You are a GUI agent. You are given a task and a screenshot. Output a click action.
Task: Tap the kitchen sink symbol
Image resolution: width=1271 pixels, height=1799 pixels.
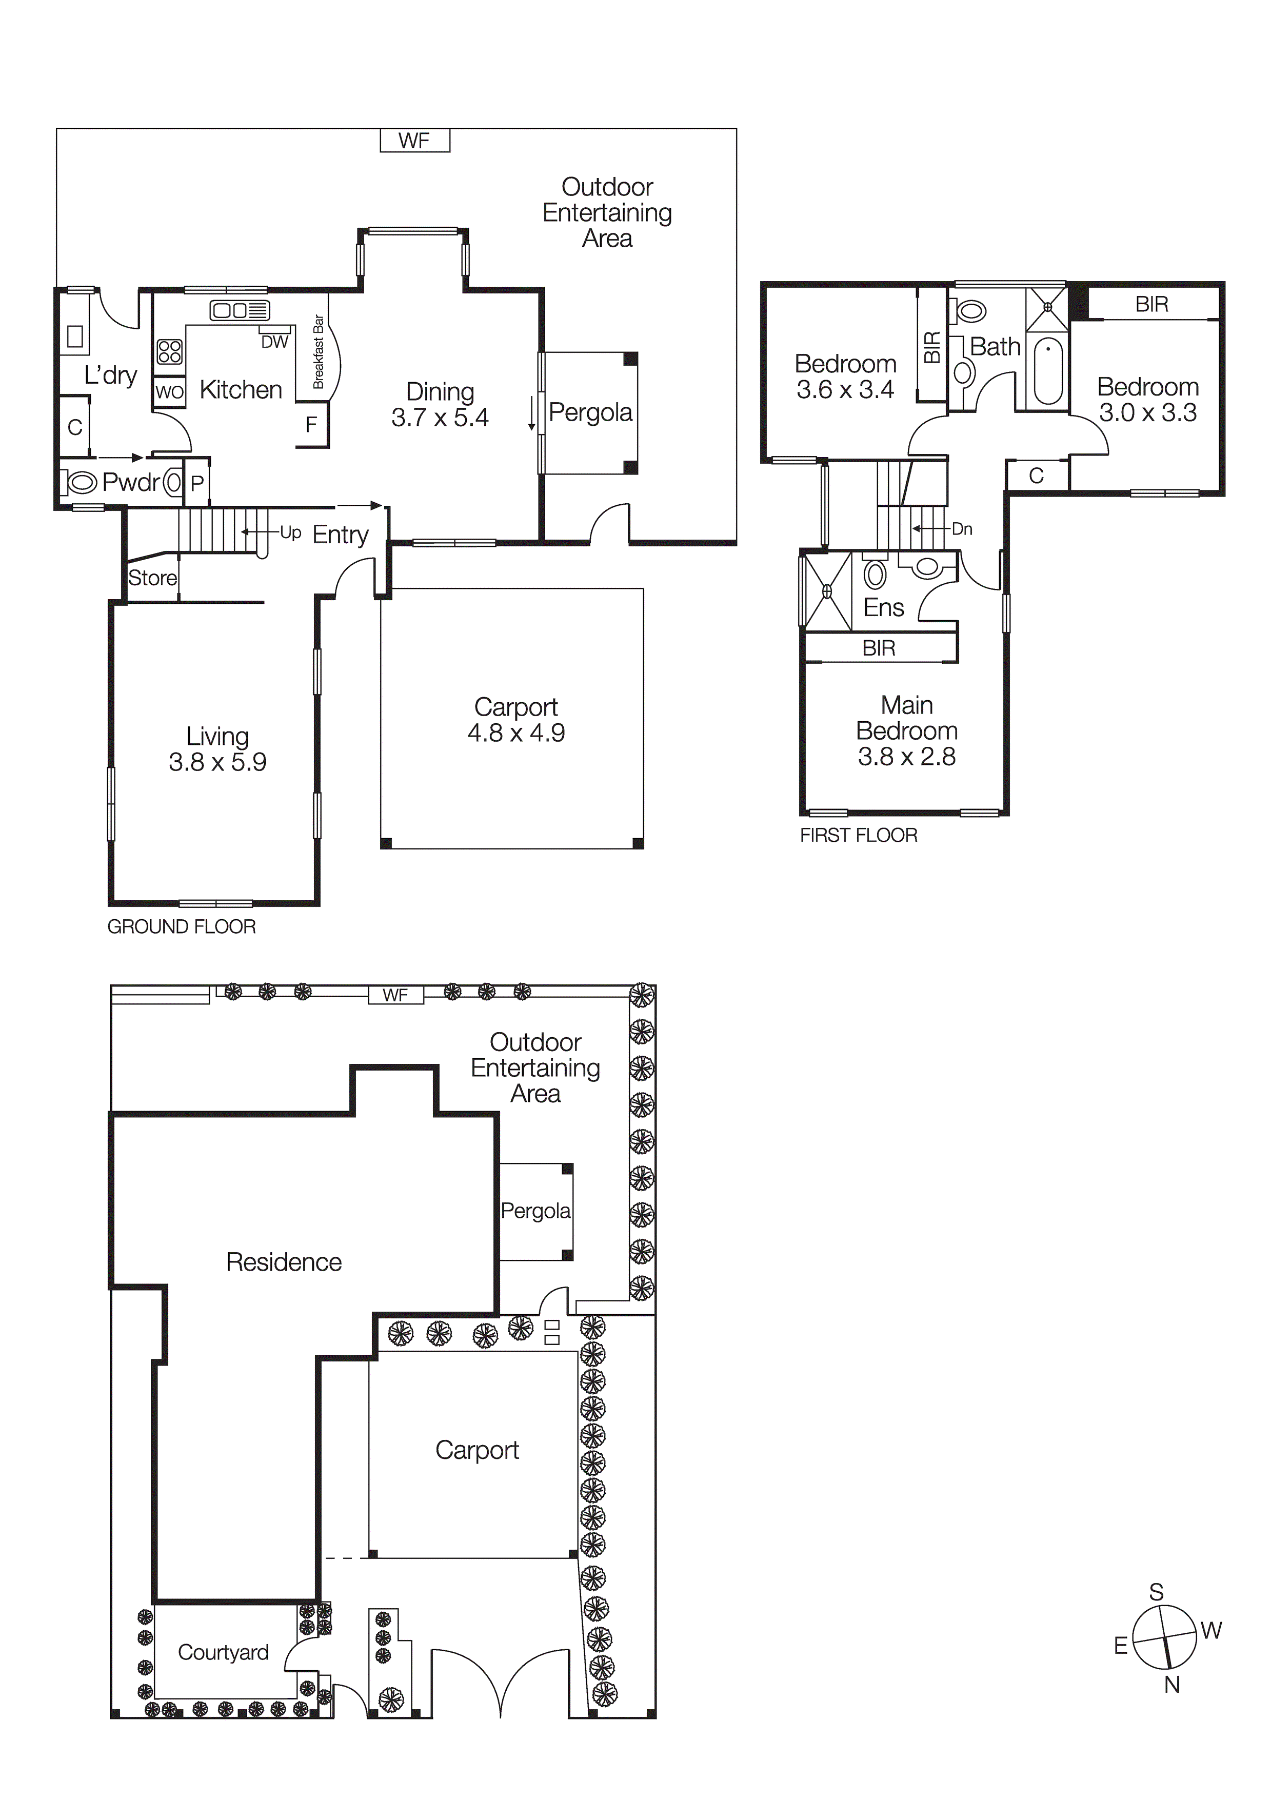[239, 310]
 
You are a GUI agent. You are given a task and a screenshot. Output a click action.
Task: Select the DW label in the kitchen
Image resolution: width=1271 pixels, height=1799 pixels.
[274, 342]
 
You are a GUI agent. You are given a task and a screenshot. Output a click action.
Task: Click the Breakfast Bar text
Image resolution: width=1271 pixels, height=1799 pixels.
[318, 352]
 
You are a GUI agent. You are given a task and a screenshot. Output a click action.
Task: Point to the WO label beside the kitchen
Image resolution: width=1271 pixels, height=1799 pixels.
[169, 392]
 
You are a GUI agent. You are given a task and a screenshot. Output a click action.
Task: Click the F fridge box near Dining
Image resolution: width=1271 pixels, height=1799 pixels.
[311, 425]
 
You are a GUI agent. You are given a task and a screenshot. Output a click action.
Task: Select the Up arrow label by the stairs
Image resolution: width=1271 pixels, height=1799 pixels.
[290, 533]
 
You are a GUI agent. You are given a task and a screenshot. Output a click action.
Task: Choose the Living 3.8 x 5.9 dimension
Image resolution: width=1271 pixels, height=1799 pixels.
[218, 762]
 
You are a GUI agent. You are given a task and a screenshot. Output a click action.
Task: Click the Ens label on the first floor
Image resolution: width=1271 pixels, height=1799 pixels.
[883, 607]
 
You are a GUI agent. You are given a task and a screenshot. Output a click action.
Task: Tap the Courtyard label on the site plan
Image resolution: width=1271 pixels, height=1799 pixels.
[223, 1652]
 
